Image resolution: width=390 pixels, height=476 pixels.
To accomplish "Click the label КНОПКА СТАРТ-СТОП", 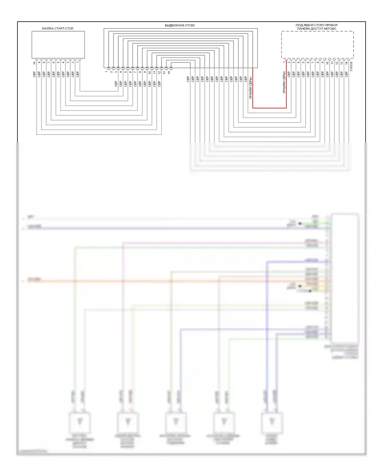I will pyautogui.click(x=57, y=28).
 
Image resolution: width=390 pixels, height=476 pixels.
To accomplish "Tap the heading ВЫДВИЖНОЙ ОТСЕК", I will pyautogui.click(x=180, y=25).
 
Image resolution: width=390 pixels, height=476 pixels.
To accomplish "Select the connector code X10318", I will pyautogui.click(x=351, y=66).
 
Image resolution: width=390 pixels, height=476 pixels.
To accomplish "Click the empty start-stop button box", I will pyautogui.click(x=58, y=45).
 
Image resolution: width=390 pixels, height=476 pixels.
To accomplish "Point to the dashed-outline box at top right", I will pyautogui.click(x=317, y=45).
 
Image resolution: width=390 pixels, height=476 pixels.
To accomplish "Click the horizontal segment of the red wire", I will pyautogui.click(x=269, y=108).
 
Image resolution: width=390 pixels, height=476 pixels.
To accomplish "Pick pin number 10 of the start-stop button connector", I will pyautogui.click(x=34, y=63).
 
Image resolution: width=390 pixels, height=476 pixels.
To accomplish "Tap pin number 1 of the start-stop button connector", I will pyautogui.click(x=77, y=62).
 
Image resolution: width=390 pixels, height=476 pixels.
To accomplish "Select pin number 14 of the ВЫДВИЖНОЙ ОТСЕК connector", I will pyautogui.click(x=169, y=73).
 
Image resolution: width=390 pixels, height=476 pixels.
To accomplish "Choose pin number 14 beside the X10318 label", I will pyautogui.click(x=346, y=63).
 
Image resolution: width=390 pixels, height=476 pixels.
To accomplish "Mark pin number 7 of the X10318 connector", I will pyautogui.click(x=313, y=62).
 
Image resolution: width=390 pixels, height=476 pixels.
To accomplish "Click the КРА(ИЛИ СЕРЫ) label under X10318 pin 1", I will pyautogui.click(x=284, y=82).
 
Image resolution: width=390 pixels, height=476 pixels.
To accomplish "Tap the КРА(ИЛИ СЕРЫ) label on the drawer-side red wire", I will pyautogui.click(x=251, y=87).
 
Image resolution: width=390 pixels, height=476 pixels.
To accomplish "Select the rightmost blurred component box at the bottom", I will pyautogui.click(x=272, y=422).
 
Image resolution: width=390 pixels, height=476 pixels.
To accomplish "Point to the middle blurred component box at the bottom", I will pyautogui.click(x=176, y=422).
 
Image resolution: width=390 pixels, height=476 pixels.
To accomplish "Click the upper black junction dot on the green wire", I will pyautogui.click(x=300, y=223).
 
